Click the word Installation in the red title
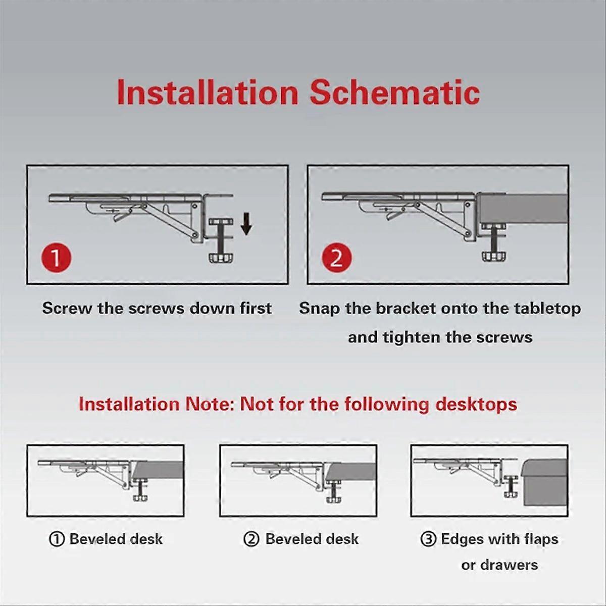point(208,92)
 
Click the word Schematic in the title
point(395,92)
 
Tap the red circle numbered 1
point(56,258)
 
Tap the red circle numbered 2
point(336,258)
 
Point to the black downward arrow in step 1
point(246,224)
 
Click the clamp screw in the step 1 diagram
point(222,240)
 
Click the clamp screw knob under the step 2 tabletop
point(495,255)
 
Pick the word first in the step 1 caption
point(256,308)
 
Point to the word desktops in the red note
point(476,405)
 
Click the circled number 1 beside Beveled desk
point(57,539)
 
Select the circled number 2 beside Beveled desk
point(251,539)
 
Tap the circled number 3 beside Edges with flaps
point(428,539)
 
